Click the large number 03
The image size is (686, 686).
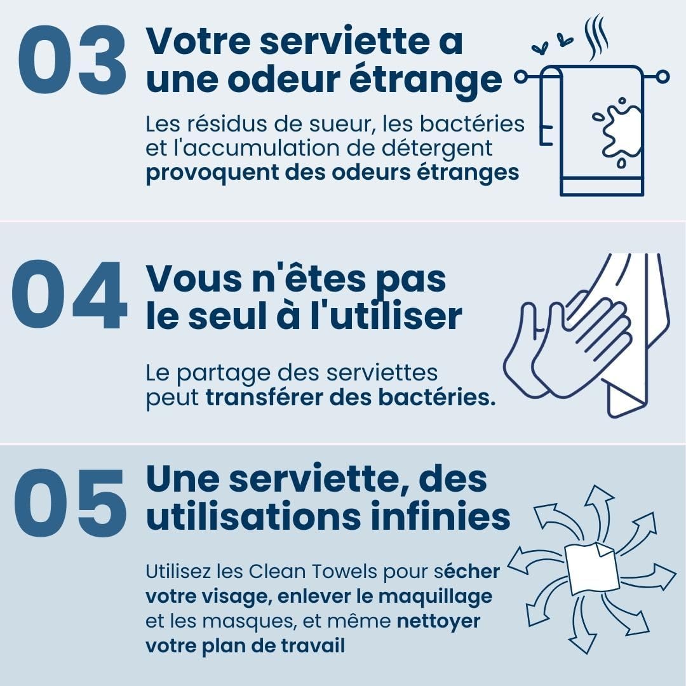72,59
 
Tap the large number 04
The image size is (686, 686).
69,295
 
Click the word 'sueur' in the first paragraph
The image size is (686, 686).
340,124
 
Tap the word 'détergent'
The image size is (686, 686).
437,149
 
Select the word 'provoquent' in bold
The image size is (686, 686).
212,173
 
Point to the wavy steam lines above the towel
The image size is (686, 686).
596,37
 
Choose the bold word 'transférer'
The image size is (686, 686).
264,397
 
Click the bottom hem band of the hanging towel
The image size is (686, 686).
602,187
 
